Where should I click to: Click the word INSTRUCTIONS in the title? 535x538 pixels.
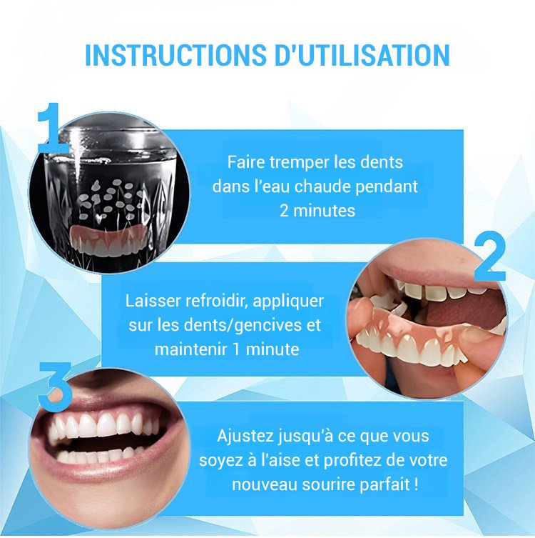point(175,55)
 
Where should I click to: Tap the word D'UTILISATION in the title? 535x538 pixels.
point(362,55)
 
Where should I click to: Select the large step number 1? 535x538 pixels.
point(51,127)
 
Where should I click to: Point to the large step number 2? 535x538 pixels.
point(489,256)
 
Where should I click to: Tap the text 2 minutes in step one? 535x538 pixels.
point(317,210)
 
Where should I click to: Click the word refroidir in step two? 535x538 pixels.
point(215,301)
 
